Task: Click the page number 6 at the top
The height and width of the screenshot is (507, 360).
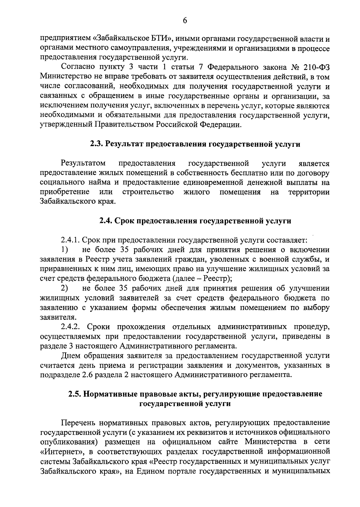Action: click(185, 20)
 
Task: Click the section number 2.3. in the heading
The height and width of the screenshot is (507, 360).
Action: click(97, 144)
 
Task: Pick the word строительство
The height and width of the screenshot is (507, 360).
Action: click(148, 192)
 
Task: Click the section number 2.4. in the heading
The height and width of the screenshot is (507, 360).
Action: click(106, 221)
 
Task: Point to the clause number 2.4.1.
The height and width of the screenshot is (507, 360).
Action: click(70, 241)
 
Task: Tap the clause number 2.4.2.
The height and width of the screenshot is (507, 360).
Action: click(70, 327)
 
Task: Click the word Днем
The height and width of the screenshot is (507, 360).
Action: click(71, 356)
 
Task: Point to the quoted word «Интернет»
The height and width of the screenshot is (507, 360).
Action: click(59, 452)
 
